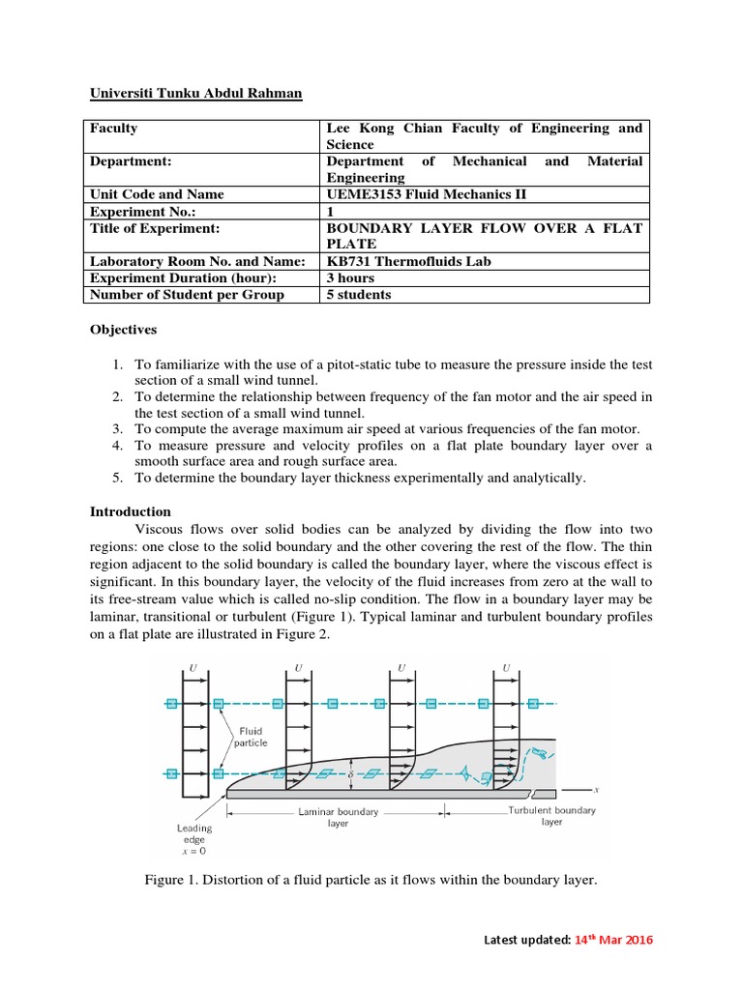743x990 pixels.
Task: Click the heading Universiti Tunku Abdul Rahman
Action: point(196,94)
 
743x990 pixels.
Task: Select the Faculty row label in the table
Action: point(114,128)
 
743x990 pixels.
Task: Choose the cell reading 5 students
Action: point(359,294)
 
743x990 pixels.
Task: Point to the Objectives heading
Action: point(123,330)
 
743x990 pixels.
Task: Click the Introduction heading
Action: point(131,511)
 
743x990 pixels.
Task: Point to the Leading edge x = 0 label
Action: point(193,839)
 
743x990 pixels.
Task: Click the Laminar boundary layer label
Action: point(339,818)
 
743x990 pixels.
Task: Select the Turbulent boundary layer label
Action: point(551,816)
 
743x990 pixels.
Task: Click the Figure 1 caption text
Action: point(371,881)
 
